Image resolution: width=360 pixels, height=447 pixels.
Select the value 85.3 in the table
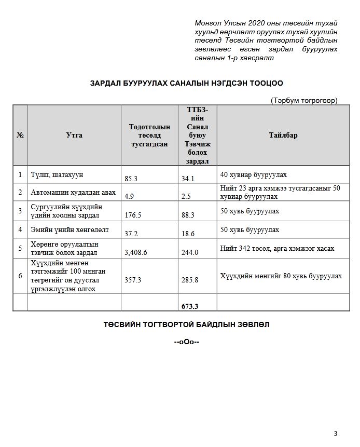click(x=131, y=179)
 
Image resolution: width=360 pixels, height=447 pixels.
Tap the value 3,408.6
click(x=136, y=252)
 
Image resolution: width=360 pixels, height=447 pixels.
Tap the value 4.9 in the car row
click(x=130, y=197)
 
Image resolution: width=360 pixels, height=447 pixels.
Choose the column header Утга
click(x=74, y=136)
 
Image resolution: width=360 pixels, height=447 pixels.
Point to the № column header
click(x=20, y=136)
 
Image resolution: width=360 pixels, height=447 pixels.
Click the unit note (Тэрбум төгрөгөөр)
click(x=304, y=100)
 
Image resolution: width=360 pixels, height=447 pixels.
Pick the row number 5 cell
click(x=20, y=248)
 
